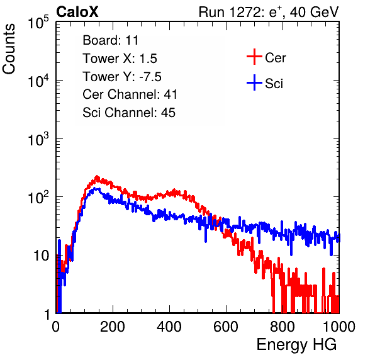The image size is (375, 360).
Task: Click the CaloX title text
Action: coord(77,12)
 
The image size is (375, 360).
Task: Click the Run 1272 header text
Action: coord(269,12)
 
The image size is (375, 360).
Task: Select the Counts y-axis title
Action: coord(9,49)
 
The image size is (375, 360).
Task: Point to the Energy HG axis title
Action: coord(296,345)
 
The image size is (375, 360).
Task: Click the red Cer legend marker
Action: coord(254,57)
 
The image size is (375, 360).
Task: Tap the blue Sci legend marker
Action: coord(254,82)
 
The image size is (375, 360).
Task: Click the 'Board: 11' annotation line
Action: coord(111,40)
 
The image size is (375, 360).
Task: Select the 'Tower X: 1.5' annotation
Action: coord(120,59)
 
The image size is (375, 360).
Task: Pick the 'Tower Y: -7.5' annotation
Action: coord(122,77)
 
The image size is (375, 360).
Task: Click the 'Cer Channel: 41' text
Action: coord(130,94)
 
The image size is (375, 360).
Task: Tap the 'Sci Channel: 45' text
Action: coord(129,113)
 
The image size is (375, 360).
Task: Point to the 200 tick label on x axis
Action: coord(113,327)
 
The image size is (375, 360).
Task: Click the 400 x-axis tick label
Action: coord(169,327)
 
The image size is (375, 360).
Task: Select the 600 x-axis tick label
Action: coord(226,327)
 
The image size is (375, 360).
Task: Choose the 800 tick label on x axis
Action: coord(283,327)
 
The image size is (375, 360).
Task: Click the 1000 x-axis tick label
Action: coord(339,327)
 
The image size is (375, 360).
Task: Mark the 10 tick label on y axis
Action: coord(42,256)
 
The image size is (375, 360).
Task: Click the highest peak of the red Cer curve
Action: coord(97,176)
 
